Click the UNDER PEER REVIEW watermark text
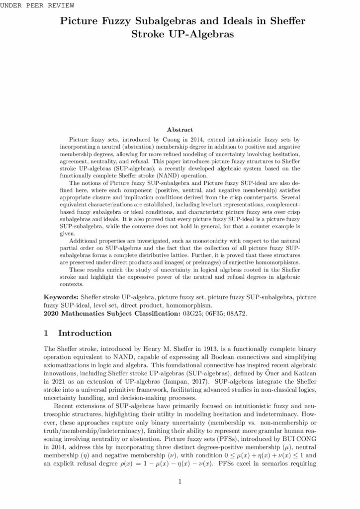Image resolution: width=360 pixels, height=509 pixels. pyautogui.click(x=38, y=5)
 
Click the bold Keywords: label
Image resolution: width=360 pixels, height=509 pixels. pyautogui.click(x=64, y=296)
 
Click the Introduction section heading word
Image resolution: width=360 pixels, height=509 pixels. pyautogui.click(x=85, y=333)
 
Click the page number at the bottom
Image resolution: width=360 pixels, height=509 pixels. pyautogui.click(x=180, y=481)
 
